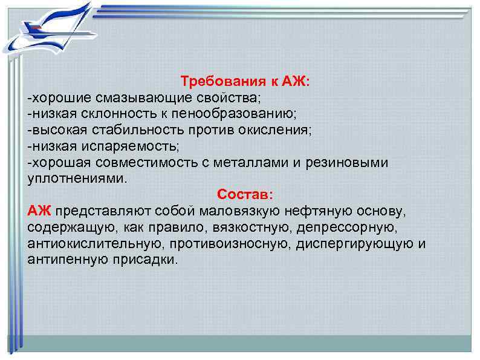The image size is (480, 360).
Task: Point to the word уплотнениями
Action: [x=77, y=179]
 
